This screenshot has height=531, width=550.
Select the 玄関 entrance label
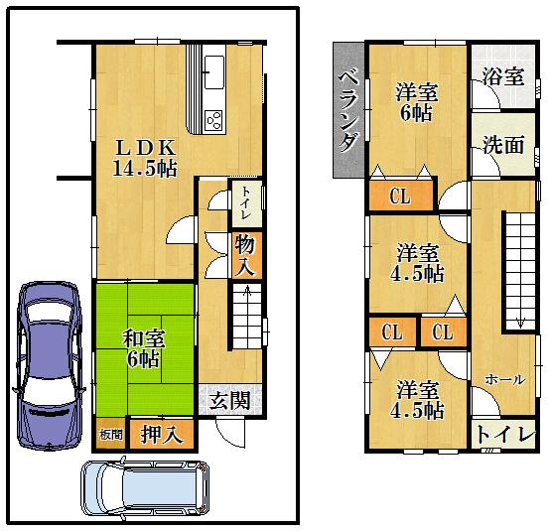click(229, 401)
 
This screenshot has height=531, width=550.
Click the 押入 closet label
click(162, 433)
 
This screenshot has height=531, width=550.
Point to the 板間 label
click(111, 434)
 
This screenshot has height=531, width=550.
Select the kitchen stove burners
click(214, 120)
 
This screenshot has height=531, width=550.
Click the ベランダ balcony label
click(348, 111)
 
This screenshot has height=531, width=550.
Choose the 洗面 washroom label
click(502, 145)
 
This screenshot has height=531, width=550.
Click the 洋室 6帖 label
click(416, 103)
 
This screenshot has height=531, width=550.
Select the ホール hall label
click(503, 380)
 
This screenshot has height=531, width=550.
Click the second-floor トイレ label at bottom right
click(504, 434)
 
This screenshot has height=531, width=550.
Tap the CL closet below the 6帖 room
click(400, 196)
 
